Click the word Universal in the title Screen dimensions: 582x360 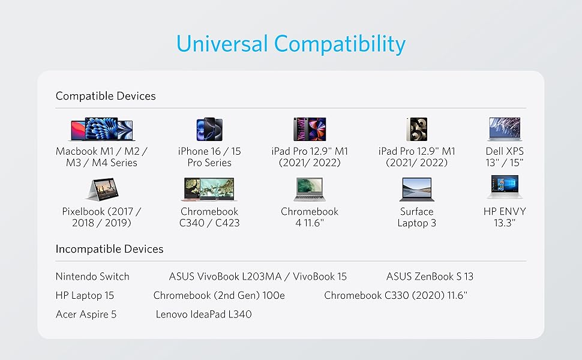point(222,43)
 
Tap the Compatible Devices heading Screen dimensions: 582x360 point(106,96)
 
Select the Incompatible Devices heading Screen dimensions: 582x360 point(109,248)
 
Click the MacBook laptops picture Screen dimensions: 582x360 point(102,129)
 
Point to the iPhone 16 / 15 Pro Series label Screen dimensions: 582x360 point(209,157)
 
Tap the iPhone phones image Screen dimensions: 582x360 point(209,129)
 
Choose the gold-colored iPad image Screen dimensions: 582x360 point(417,129)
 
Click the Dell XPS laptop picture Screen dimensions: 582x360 point(505,129)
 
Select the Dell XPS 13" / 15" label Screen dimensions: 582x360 point(505,157)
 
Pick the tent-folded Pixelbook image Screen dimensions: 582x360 point(103,189)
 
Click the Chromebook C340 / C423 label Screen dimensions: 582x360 point(209,217)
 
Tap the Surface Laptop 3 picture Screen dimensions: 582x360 point(417,189)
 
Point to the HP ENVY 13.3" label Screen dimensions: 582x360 point(505,217)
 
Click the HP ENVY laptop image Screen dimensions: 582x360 point(505,187)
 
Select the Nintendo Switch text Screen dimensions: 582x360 point(92,277)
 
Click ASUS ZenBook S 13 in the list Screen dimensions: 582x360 point(430,277)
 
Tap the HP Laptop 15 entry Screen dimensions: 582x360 point(85,295)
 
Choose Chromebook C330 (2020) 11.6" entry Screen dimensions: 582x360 point(395,295)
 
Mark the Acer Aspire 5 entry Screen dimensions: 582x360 point(86,314)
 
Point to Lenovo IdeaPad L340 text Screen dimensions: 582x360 point(204,314)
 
